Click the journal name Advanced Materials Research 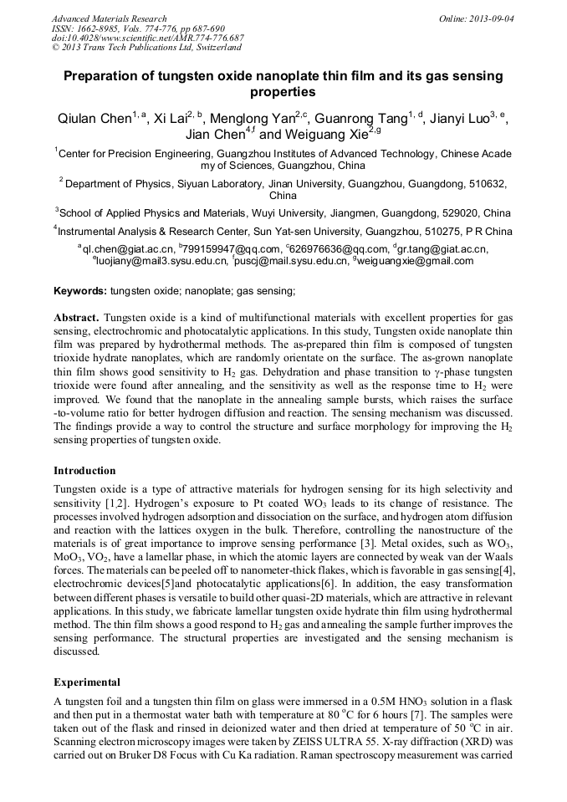pos(109,18)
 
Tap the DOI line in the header pos(148,38)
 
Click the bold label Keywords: pos(80,291)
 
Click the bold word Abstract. pos(76,319)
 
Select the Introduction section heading pos(84,471)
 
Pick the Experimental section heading pos(87,682)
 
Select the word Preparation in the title pos(106,76)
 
